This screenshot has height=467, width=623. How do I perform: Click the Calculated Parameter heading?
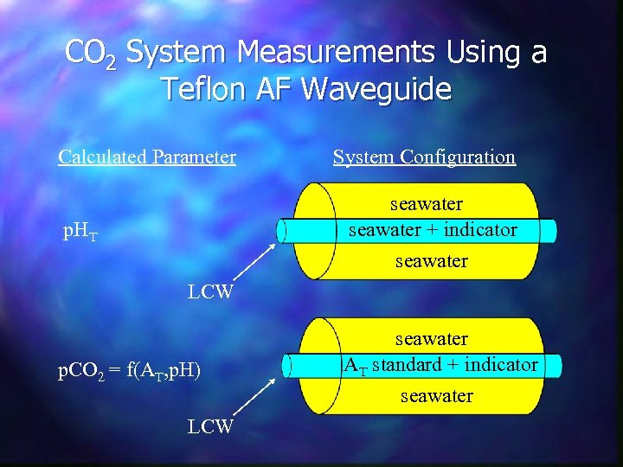147,157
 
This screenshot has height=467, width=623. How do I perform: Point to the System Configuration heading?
424,157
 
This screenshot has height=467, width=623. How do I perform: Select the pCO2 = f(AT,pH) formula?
129,372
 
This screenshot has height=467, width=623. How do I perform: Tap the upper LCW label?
211,291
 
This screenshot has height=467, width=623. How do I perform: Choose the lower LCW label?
211,426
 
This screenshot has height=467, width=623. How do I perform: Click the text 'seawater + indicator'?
432,230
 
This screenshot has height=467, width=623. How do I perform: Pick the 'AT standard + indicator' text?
441,365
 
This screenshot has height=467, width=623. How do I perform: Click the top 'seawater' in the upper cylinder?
427,205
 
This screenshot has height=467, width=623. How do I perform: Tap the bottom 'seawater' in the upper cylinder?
432,260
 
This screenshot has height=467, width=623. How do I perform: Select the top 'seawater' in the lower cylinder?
432,339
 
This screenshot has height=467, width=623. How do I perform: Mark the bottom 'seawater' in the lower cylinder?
437,396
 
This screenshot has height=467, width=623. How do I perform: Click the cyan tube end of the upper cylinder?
285,230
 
